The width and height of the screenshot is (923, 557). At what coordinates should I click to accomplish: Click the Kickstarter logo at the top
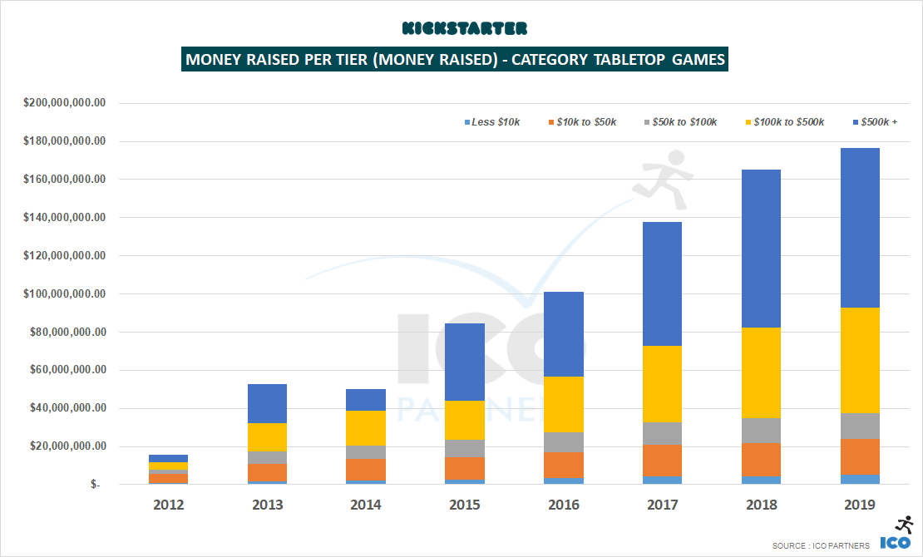point(464,28)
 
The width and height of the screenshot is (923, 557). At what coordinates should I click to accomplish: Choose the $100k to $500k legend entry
point(782,122)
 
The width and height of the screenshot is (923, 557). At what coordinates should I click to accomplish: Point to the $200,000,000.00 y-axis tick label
point(65,103)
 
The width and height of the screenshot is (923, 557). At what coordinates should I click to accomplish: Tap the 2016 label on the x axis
point(564,505)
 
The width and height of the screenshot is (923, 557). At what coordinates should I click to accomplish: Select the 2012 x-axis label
point(168,505)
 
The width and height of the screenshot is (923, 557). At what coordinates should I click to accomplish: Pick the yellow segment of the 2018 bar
point(762,372)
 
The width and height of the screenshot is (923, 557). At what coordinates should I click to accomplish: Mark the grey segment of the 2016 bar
point(564,442)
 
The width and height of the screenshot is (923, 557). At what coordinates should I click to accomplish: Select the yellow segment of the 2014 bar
point(366,428)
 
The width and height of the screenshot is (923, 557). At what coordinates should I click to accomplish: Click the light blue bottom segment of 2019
point(861,479)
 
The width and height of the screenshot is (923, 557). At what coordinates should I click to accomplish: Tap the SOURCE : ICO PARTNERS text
point(821,545)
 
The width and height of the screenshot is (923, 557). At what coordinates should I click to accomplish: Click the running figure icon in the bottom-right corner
point(904,525)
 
